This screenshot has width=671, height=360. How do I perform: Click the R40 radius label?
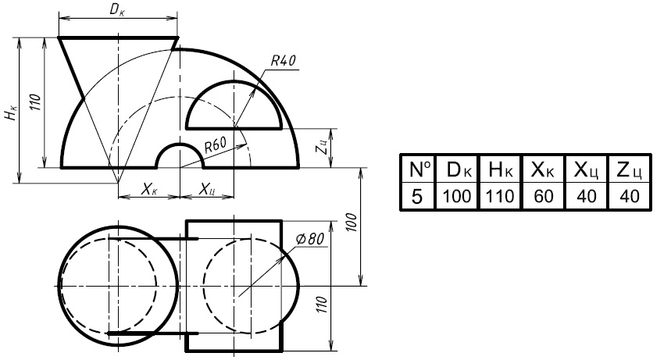click(284, 61)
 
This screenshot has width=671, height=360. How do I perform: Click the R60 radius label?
click(215, 144)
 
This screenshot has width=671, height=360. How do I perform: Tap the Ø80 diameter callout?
click(310, 238)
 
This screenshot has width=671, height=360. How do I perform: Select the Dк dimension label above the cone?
click(117, 9)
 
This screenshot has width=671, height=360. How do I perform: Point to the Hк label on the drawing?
click(12, 112)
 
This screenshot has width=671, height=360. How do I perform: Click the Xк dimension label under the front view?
click(149, 189)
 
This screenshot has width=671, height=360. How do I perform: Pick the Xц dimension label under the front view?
click(207, 189)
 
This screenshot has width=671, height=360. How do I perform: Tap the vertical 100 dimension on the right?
click(352, 222)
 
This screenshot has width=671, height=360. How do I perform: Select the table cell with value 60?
click(544, 197)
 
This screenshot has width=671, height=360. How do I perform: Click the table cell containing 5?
click(417, 197)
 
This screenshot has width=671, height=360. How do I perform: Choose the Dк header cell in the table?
click(457, 169)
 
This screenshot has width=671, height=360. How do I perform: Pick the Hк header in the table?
click(500, 169)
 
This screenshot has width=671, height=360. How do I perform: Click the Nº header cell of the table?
click(418, 169)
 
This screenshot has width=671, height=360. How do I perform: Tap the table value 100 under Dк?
click(457, 197)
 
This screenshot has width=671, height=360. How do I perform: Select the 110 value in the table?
click(500, 197)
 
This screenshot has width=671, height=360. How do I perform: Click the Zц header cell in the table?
click(630, 169)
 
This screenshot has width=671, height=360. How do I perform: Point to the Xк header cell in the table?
click(544, 169)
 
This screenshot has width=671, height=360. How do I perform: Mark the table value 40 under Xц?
click(587, 197)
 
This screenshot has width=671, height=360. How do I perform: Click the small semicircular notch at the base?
click(180, 144)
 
